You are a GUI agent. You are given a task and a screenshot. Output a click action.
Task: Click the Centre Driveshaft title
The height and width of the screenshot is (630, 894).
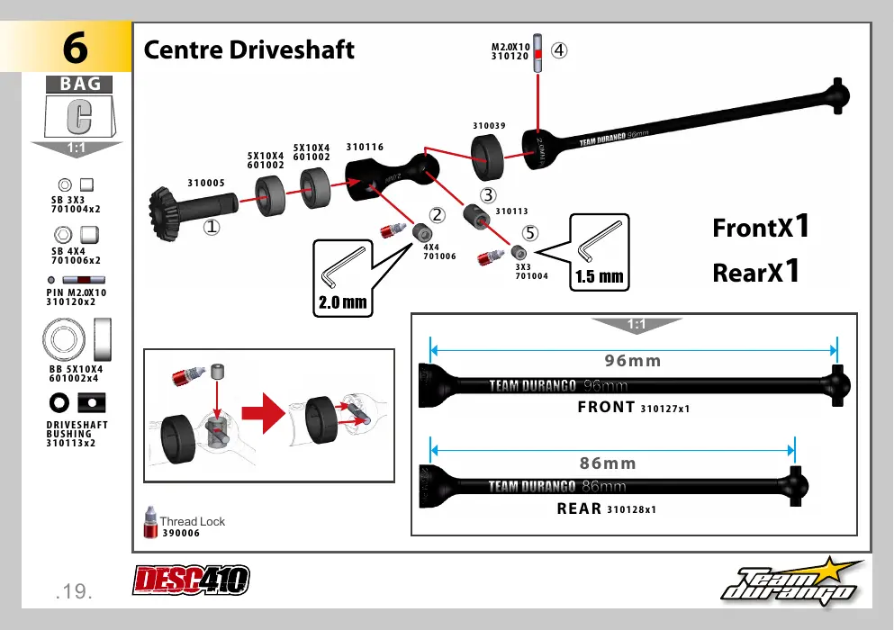pos(248,50)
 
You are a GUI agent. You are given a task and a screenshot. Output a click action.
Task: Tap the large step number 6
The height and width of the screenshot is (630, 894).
pos(76,48)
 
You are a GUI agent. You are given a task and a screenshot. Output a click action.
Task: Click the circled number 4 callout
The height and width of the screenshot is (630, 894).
pos(559,50)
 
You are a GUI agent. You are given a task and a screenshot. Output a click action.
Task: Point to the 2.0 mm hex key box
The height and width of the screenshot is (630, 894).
pos(343,278)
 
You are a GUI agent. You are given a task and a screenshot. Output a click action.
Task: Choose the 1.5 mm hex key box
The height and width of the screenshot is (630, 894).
pos(600,252)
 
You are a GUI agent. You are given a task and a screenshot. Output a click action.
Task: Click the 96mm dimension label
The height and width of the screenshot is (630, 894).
pos(633,361)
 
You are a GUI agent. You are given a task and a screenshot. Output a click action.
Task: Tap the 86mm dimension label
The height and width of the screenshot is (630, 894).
pos(608,463)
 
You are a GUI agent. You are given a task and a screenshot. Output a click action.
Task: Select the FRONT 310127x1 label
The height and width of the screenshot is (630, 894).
pos(634,407)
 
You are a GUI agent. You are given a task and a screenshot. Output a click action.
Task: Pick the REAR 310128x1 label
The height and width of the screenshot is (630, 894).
pos(607,508)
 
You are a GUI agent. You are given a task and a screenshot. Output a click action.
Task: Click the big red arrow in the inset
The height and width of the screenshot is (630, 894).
pos(263,413)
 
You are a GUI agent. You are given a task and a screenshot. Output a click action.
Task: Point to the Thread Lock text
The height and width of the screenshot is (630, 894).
pos(192,521)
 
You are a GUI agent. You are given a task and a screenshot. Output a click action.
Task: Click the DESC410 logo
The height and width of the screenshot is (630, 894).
pos(192,580)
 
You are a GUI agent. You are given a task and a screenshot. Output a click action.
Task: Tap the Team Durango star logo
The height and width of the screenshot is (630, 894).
pos(792,582)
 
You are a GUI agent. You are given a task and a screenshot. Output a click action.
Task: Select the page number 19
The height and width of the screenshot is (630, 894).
pos(74,591)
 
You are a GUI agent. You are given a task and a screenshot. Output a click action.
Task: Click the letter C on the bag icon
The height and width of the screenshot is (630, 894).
pos(79,116)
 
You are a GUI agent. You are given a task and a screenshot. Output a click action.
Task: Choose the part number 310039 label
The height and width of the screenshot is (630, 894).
pos(489,126)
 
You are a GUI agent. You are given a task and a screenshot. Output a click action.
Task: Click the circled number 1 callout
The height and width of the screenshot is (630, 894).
pos(212,227)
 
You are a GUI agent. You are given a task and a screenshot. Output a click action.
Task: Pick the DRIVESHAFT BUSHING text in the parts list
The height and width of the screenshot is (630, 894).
pos(77,429)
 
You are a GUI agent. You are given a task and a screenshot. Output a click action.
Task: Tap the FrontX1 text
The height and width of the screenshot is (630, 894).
pos(761,227)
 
